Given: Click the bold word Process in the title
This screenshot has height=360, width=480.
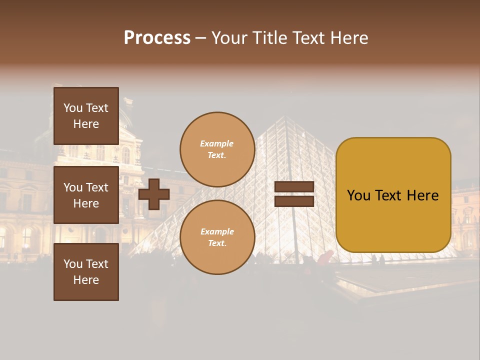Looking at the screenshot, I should [x=157, y=38].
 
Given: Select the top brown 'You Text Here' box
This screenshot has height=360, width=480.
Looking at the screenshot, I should [x=86, y=116].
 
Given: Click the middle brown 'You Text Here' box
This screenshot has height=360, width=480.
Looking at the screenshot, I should [x=86, y=195].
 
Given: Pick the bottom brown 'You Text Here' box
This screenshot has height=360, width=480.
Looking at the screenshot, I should [x=86, y=272].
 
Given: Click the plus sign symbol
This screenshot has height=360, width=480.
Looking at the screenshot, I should [x=154, y=194].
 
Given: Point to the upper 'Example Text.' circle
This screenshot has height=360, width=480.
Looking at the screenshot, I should [x=217, y=149].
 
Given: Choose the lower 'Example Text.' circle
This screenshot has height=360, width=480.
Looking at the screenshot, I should [x=217, y=237].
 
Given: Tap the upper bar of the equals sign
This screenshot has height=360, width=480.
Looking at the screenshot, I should [x=294, y=187].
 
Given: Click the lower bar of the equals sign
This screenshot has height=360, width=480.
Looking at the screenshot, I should [x=294, y=201].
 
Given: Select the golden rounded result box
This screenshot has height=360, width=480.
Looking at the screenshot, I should [x=393, y=195].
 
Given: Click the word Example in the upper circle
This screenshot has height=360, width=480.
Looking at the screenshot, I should [x=217, y=143].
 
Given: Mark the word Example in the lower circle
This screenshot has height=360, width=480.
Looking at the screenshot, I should [x=217, y=231].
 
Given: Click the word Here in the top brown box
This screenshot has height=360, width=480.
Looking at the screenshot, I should [x=86, y=124].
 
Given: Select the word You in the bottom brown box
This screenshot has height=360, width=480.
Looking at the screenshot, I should [x=73, y=264].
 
